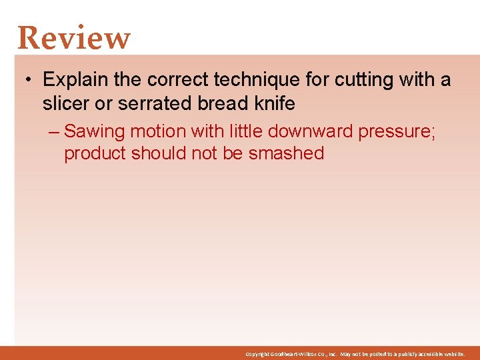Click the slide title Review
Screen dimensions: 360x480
click(74, 38)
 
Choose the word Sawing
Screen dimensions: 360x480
click(94, 132)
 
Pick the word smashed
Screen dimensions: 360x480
click(286, 153)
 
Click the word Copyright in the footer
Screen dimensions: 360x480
click(257, 354)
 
